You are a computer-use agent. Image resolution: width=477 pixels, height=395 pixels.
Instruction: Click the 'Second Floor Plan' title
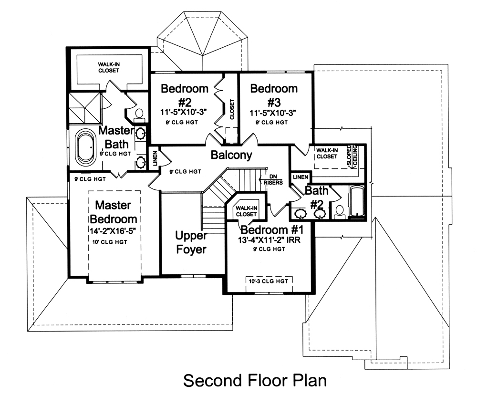point(255,381)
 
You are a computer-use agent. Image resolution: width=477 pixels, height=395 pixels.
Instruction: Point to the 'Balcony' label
point(231,156)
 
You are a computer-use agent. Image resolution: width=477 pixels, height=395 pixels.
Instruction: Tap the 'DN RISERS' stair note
point(273,179)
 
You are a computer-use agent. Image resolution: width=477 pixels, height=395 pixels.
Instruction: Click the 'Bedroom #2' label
point(185,94)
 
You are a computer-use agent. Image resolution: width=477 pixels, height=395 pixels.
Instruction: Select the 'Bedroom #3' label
point(273,94)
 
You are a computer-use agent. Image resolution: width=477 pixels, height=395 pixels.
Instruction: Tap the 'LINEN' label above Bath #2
point(301,177)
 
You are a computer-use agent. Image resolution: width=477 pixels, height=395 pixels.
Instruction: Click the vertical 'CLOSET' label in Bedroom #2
point(232,109)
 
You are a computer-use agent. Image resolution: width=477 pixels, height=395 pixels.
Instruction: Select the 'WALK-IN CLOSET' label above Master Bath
point(109,67)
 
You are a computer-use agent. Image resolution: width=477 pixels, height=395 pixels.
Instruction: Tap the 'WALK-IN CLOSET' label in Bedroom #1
point(247,211)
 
